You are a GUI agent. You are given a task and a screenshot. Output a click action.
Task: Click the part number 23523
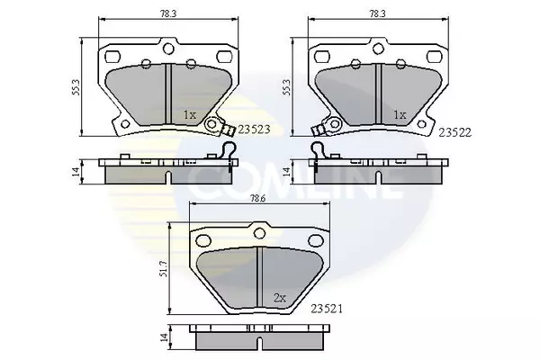[255, 130]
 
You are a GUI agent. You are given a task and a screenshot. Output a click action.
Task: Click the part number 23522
[454, 132]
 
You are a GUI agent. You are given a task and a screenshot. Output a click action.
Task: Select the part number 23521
[327, 309]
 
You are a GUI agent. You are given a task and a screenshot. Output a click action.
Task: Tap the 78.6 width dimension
[260, 199]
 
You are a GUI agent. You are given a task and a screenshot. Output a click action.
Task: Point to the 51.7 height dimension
[164, 268]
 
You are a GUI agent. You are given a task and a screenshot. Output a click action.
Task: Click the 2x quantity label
[280, 298]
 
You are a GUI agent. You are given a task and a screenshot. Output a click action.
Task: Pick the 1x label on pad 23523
[189, 114]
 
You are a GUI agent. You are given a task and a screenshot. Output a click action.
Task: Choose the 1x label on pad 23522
[400, 114]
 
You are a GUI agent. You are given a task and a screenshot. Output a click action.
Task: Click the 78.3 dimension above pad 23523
[169, 13]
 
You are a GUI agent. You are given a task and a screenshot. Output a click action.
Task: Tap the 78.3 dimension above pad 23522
[378, 13]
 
